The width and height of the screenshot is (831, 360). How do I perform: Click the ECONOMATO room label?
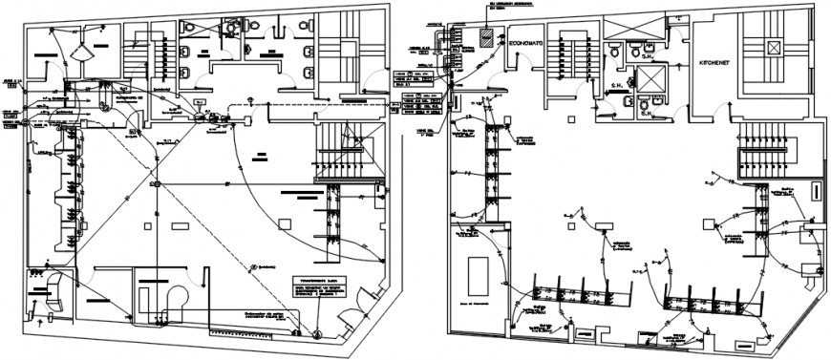527,44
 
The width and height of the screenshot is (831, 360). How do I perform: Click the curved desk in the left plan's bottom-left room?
59,286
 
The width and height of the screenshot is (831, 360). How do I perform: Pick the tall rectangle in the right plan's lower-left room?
476,277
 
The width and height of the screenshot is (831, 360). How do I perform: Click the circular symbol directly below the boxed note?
316,332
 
